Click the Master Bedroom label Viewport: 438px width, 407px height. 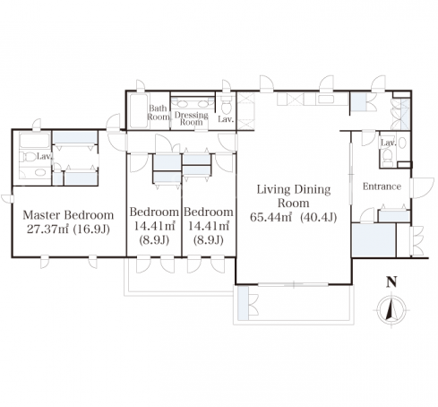(x=68, y=215)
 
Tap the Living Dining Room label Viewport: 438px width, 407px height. (x=294, y=196)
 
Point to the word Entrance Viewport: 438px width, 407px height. (x=382, y=186)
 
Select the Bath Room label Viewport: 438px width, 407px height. (x=159, y=112)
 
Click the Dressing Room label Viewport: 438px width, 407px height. (x=192, y=118)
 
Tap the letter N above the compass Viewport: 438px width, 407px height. (x=391, y=282)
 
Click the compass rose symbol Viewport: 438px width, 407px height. (x=391, y=309)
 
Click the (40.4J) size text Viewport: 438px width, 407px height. (x=319, y=217)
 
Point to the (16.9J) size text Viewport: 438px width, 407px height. (x=91, y=229)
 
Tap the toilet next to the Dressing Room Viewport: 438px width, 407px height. (x=227, y=105)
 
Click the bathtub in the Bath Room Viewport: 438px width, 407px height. (x=139, y=111)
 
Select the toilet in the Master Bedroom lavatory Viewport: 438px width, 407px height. (x=28, y=157)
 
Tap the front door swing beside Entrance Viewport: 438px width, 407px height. (x=422, y=188)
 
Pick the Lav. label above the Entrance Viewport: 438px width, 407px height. (x=388, y=143)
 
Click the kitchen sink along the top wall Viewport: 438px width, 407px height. (x=326, y=99)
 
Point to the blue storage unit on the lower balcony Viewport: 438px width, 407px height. (x=244, y=303)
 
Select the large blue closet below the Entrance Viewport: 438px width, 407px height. (x=374, y=239)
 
